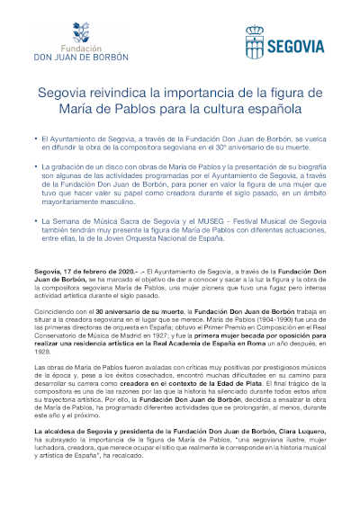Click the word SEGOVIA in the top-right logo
pos(293,42)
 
